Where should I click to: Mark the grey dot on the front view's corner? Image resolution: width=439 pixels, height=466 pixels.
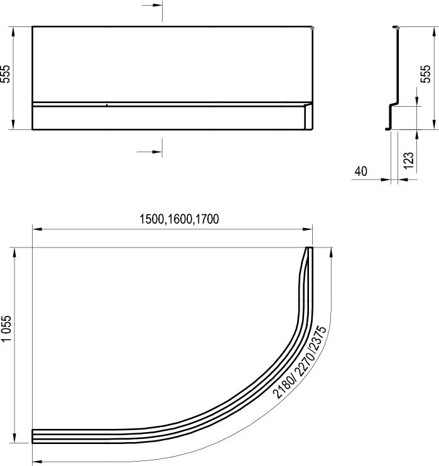click(312, 28)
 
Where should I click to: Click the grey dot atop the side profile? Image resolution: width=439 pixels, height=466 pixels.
click(396, 28)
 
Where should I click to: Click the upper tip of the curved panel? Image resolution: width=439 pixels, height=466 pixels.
click(309, 249)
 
